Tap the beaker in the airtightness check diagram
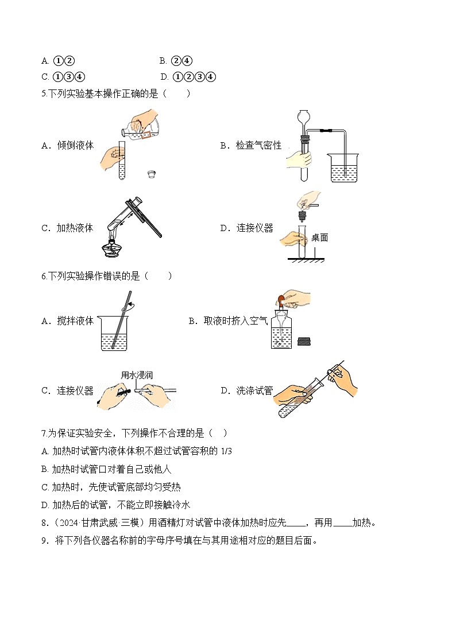point(343,168)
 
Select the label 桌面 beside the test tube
point(319,237)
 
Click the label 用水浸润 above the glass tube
point(137,375)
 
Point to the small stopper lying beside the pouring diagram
point(152,173)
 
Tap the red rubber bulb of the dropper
point(282,299)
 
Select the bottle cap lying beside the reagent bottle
point(304,343)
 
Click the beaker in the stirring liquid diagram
point(114,333)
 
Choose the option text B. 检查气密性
point(251,146)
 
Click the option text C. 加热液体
point(67,228)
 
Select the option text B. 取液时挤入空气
point(228,321)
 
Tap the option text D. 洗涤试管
point(246,391)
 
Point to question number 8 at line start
point(44,522)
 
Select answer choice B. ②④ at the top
point(176,61)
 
